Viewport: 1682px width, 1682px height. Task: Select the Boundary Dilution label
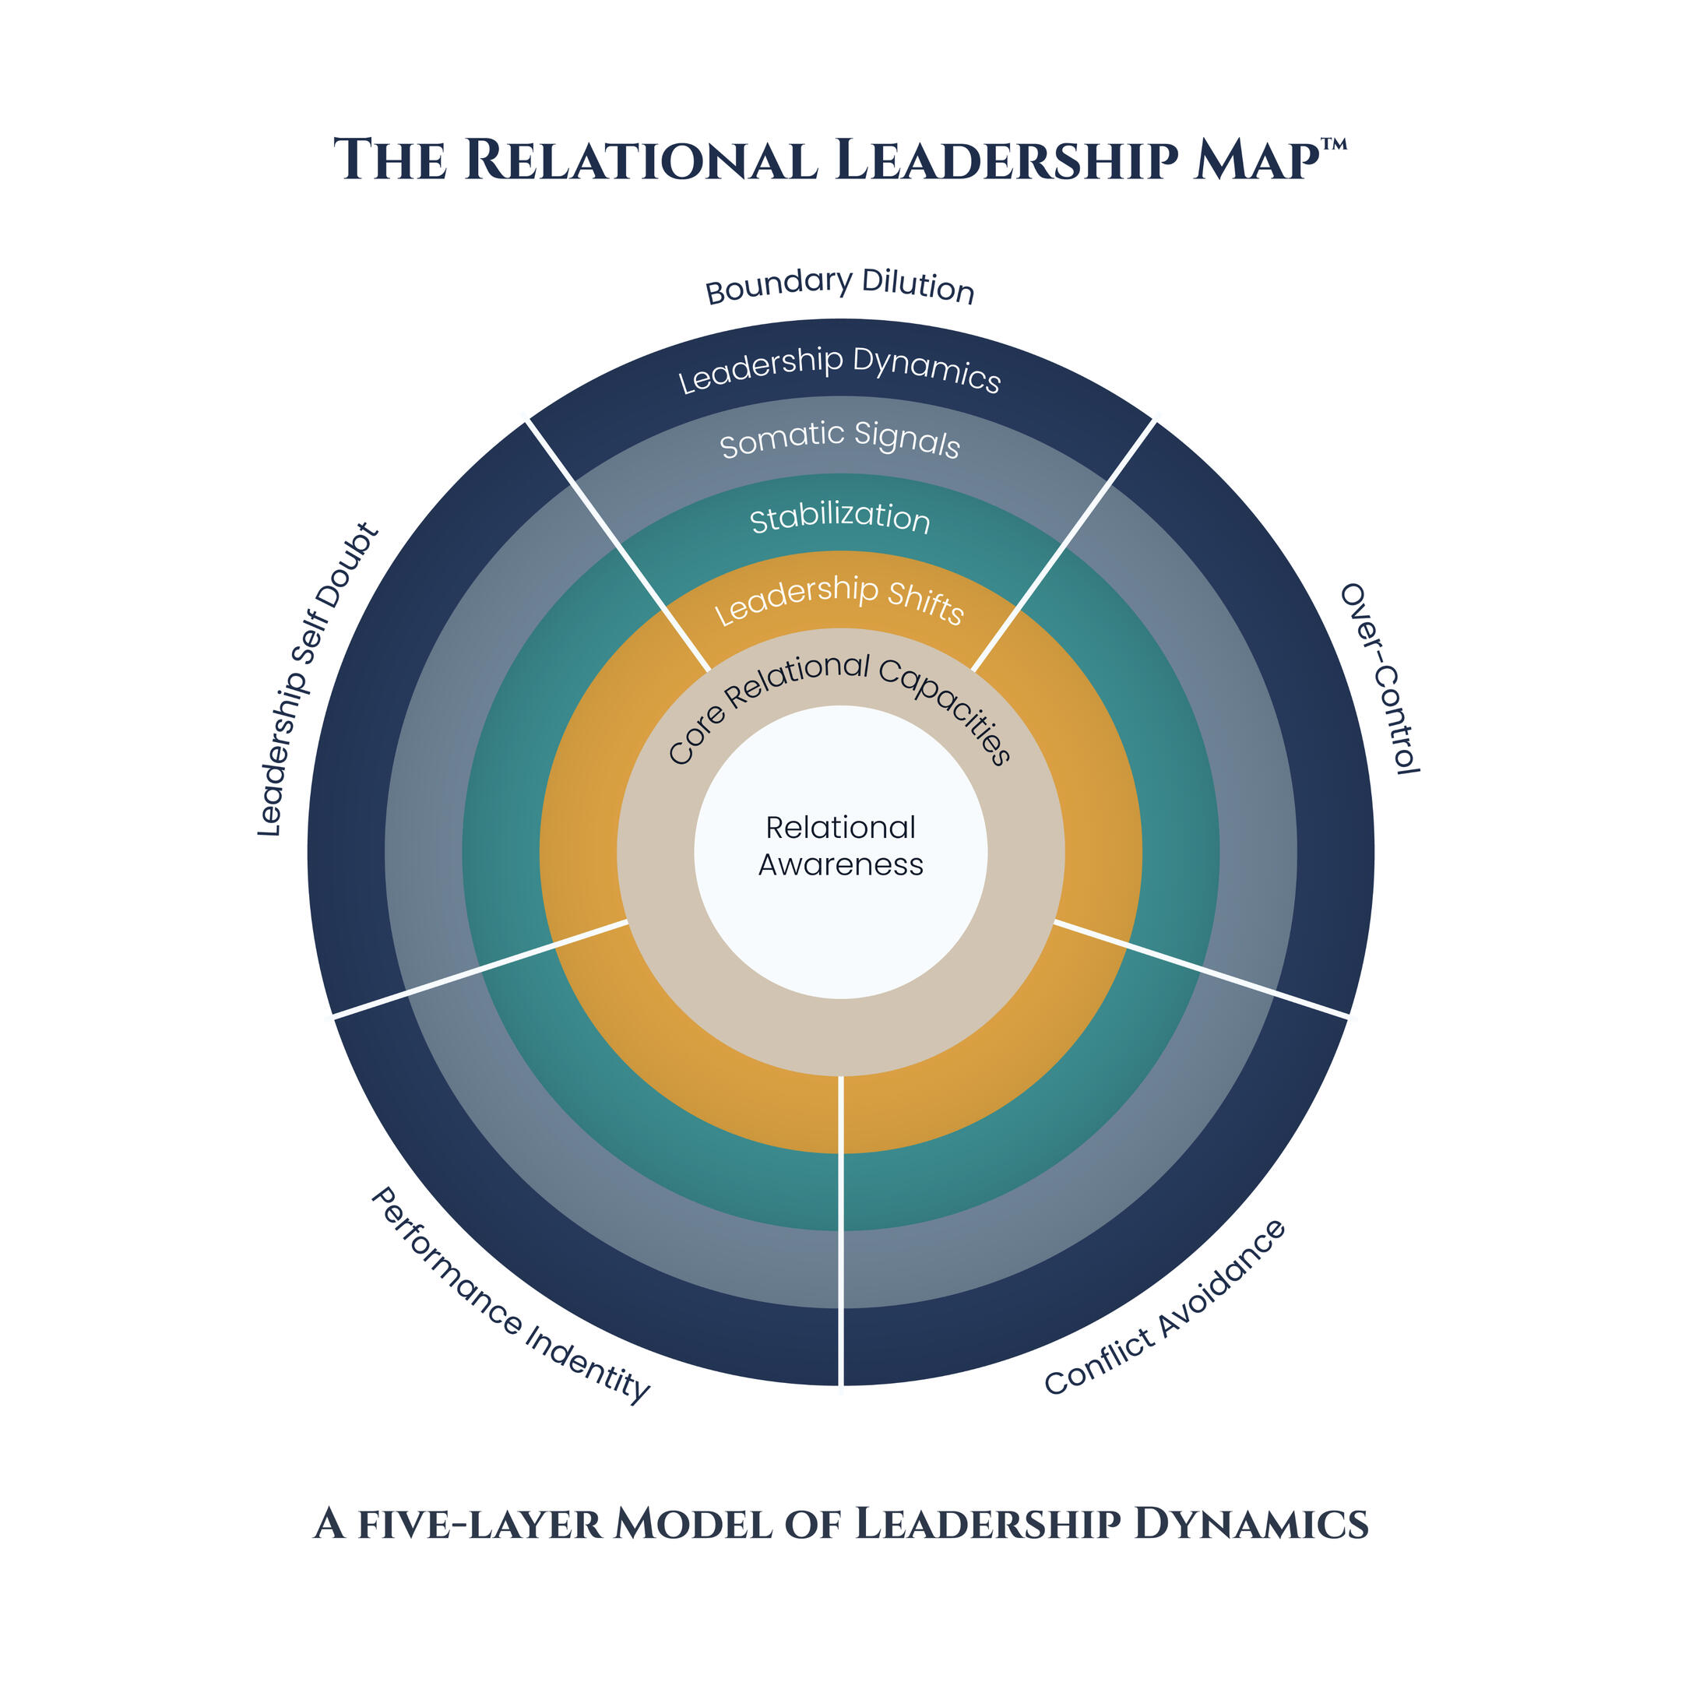tap(840, 286)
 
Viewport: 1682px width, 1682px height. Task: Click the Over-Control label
tap(1381, 679)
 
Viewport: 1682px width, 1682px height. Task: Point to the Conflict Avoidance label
tap(1165, 1307)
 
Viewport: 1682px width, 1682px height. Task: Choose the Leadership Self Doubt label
tap(318, 680)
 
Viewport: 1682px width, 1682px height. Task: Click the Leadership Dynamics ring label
tap(840, 369)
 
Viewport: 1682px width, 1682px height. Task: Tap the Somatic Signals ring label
tap(840, 440)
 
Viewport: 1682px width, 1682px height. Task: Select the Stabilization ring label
tap(840, 518)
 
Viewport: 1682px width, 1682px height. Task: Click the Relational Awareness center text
tap(841, 846)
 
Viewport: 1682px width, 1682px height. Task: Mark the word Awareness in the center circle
tap(841, 864)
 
